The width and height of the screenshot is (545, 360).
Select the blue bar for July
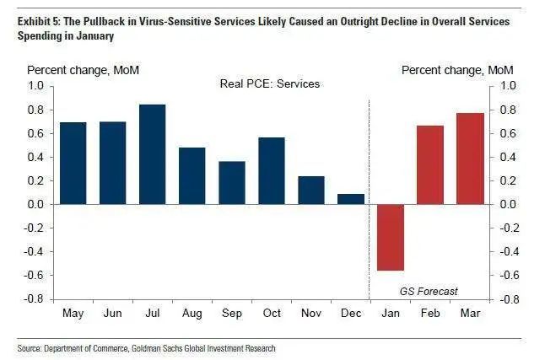coord(153,154)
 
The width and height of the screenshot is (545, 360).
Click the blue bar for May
coord(73,163)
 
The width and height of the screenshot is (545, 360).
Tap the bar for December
coord(351,199)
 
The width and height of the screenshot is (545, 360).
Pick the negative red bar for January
coord(391,237)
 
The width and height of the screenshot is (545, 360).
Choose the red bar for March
coord(471,159)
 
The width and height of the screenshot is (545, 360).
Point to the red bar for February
coord(430,164)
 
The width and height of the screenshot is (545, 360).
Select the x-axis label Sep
coord(232,313)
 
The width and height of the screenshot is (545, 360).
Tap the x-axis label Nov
coord(311,313)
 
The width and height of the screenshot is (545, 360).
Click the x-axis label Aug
coord(192,313)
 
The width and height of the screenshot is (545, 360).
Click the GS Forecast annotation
coord(429,291)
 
